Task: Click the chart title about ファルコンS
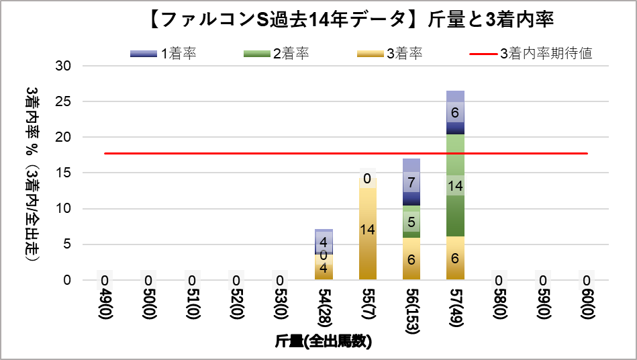(x=348, y=19)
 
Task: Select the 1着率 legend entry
(x=164, y=54)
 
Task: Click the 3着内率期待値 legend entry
(x=531, y=54)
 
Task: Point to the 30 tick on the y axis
(x=66, y=66)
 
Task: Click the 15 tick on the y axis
(x=66, y=173)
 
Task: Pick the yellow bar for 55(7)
(x=368, y=255)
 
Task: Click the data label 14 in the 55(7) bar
(x=368, y=230)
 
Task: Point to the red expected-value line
(x=201, y=153)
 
